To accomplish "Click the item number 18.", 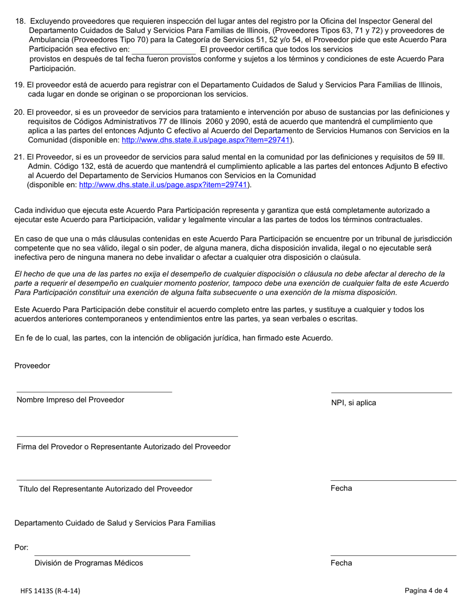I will [x=20, y=21].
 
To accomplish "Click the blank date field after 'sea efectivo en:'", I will [x=164, y=50].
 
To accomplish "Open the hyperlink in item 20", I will [x=206, y=140].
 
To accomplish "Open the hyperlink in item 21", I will [x=163, y=185].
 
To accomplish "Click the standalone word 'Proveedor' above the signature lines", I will [x=32, y=366].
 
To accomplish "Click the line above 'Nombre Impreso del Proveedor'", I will [x=94, y=391].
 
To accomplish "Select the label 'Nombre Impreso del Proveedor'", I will [x=71, y=400].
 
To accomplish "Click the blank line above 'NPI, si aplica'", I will [x=392, y=392].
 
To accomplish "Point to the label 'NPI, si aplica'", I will [x=354, y=403].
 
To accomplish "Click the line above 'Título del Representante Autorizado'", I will [x=114, y=479].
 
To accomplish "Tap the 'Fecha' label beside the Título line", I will [x=341, y=488].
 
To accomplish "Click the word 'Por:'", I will [x=21, y=547].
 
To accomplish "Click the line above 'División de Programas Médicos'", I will [x=112, y=555].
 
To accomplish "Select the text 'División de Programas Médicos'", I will [x=89, y=563].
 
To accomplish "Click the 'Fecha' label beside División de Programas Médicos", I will [x=341, y=563].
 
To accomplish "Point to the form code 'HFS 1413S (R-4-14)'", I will [x=51, y=591].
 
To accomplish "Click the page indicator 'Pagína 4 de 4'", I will [x=426, y=591].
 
